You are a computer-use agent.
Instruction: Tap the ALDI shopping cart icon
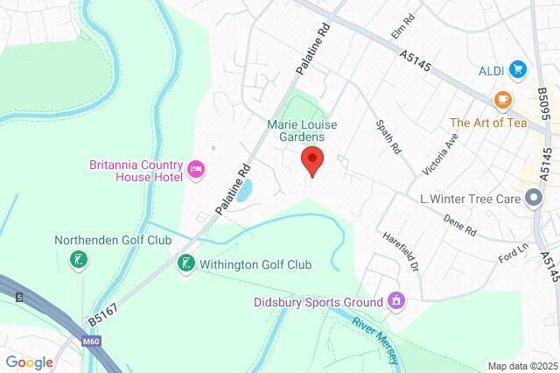point(518,69)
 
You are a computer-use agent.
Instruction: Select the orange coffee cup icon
point(501,99)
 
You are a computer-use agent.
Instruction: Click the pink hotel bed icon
point(196,168)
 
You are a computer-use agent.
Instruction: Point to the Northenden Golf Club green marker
point(80,260)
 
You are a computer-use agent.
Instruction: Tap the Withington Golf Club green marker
point(185,263)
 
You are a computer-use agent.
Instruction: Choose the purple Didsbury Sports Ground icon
point(397,301)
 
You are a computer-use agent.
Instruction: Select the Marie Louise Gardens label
point(297,130)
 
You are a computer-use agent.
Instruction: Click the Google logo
point(29,362)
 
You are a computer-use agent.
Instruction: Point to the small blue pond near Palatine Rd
point(245,189)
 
